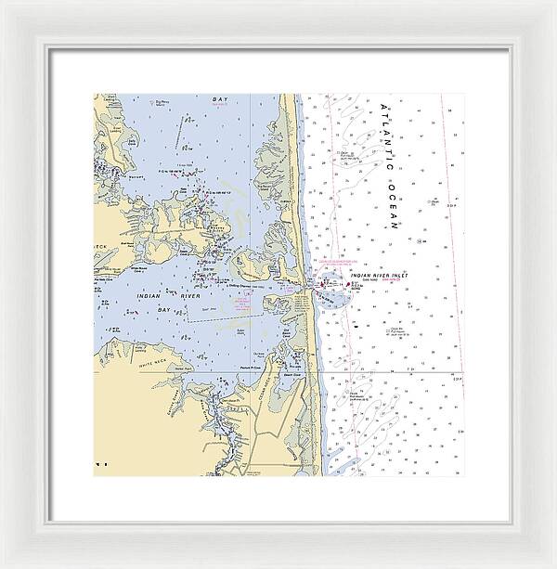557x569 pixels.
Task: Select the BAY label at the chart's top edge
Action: [x=219, y=98]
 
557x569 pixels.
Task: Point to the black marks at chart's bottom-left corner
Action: [x=102, y=462]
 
